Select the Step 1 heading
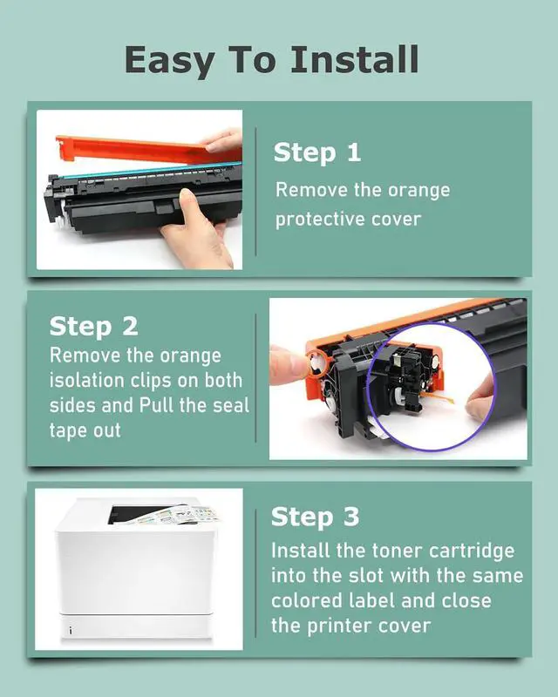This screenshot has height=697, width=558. pos(316,153)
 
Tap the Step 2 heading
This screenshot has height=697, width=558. pos(93,327)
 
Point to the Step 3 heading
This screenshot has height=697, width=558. pos(315,517)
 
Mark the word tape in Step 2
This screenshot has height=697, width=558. pos(69,431)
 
